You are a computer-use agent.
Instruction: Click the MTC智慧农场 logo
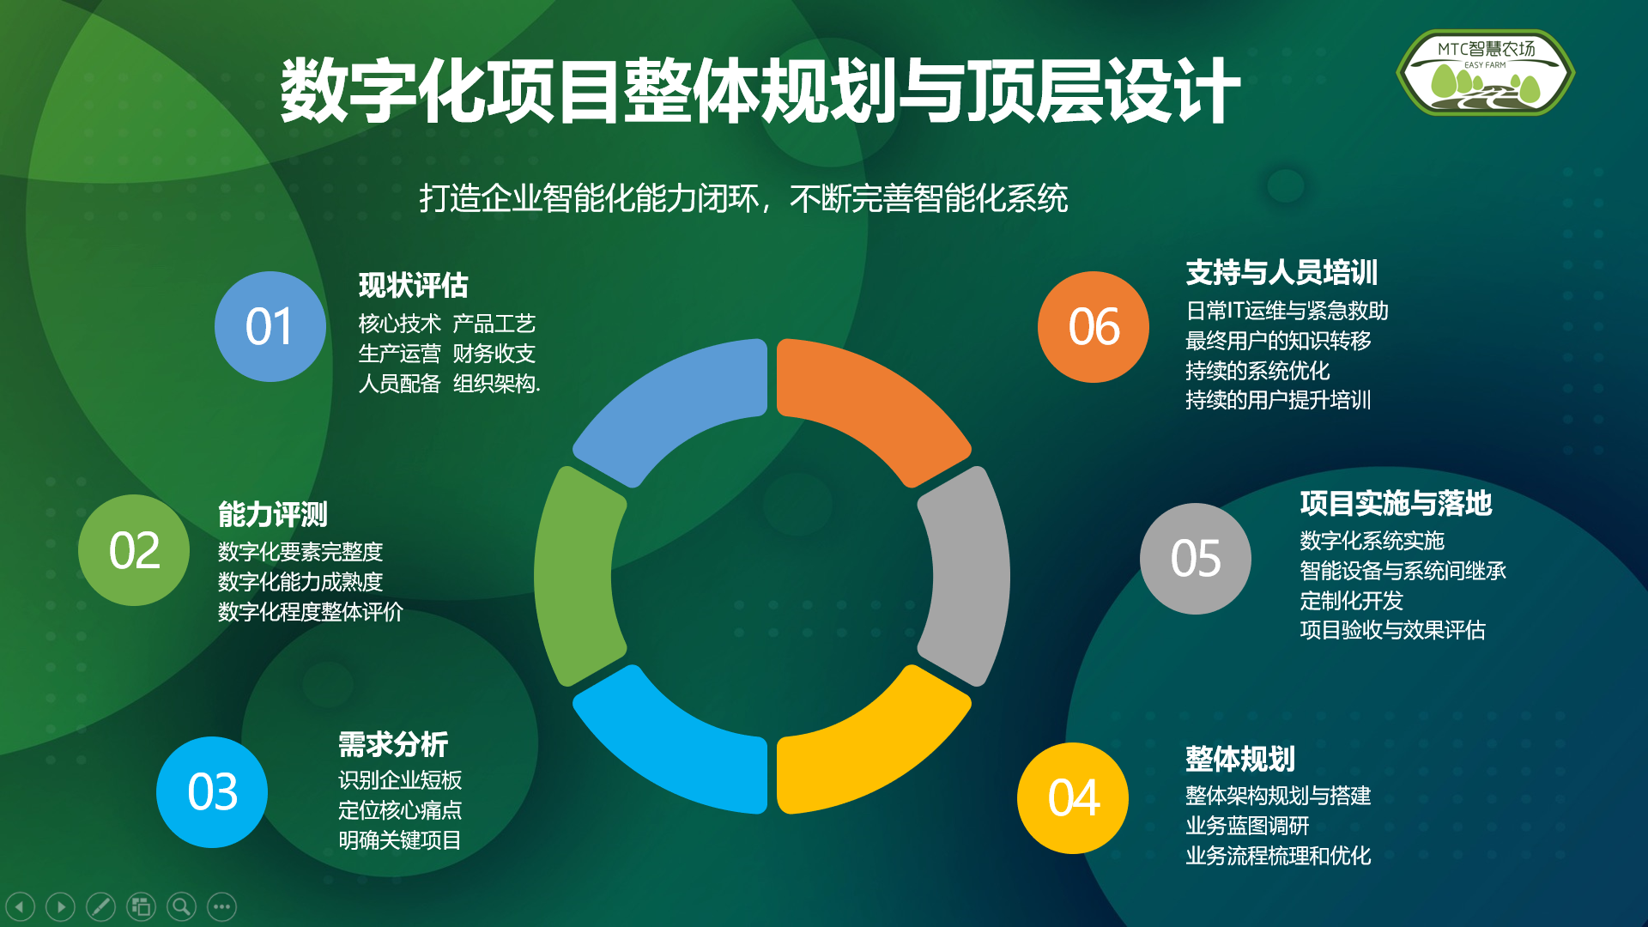pyautogui.click(x=1486, y=73)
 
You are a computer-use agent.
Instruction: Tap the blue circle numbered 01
pyautogui.click(x=270, y=327)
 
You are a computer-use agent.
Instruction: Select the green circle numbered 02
pyautogui.click(x=134, y=550)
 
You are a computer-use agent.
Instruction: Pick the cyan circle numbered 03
pyautogui.click(x=212, y=792)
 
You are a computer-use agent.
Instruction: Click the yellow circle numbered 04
pyautogui.click(x=1073, y=798)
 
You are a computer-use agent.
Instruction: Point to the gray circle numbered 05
pyautogui.click(x=1196, y=559)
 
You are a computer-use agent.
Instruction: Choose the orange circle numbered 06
pyautogui.click(x=1094, y=327)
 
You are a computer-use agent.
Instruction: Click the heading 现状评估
pyautogui.click(x=414, y=285)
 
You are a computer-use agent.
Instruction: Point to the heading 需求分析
pyautogui.click(x=393, y=744)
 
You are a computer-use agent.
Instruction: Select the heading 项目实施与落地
pyautogui.click(x=1397, y=503)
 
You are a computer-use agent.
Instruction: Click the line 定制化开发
pyautogui.click(x=1351, y=600)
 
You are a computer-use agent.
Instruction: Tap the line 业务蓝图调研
pyautogui.click(x=1247, y=826)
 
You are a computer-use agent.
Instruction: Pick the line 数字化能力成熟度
pyautogui.click(x=300, y=582)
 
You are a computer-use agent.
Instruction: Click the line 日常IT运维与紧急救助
pyautogui.click(x=1287, y=311)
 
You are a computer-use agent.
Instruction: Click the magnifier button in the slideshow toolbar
pyautogui.click(x=181, y=906)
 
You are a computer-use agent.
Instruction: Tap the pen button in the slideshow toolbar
pyautogui.click(x=100, y=906)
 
